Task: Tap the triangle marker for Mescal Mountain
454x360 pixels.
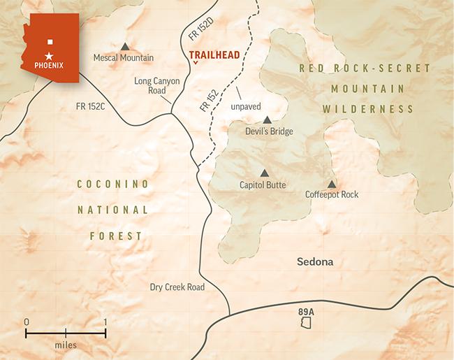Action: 124,45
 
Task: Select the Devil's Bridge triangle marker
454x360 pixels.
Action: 267,120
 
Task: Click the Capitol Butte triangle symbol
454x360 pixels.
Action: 264,173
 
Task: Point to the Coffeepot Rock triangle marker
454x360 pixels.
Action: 331,183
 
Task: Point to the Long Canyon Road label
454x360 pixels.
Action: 157,86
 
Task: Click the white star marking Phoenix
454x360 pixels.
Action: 49,55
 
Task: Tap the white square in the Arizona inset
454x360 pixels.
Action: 50,41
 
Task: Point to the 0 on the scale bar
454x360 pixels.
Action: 27,322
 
